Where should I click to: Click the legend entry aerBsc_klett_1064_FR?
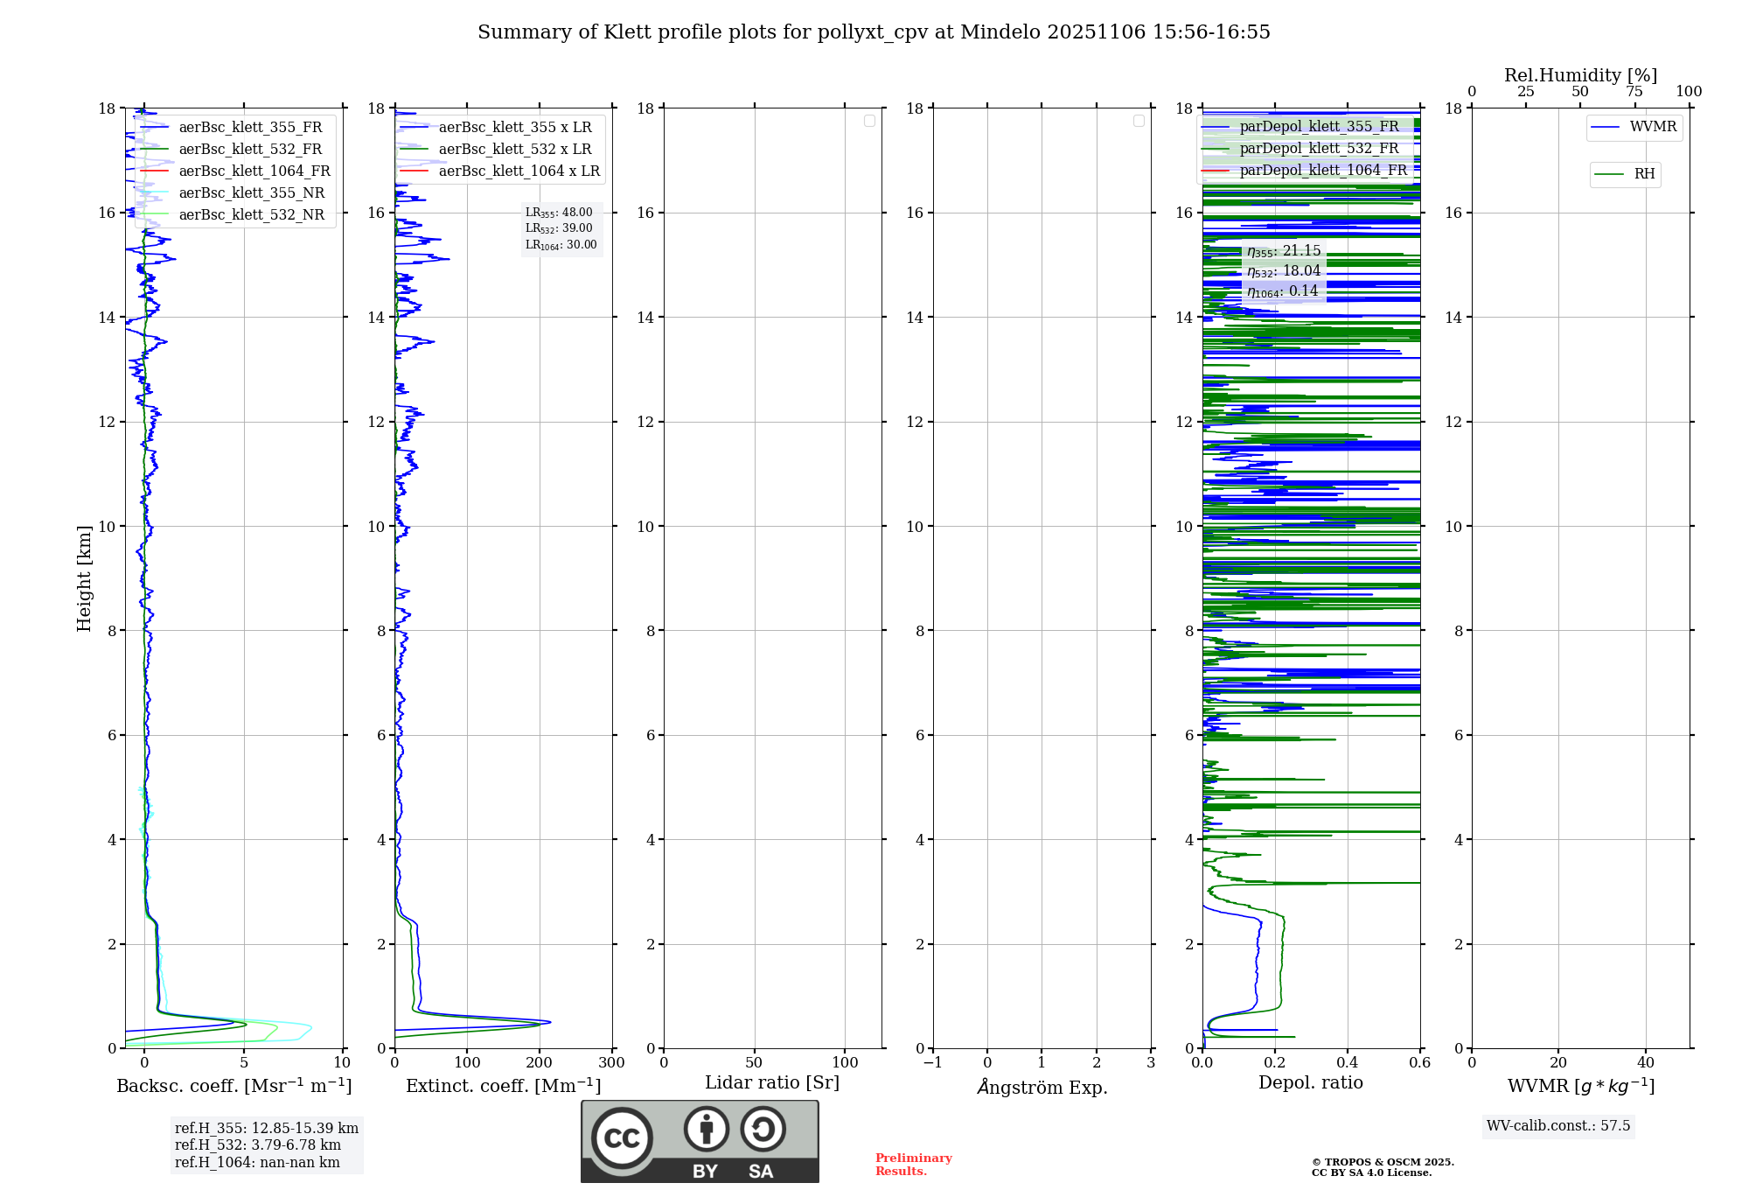tap(254, 171)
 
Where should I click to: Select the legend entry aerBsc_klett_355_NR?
tap(251, 193)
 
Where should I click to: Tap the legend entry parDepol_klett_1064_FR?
tap(1322, 171)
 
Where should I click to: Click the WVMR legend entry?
tap(1652, 127)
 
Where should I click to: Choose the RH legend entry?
tap(1643, 174)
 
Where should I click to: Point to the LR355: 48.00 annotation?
tap(559, 213)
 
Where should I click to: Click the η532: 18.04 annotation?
tap(1284, 271)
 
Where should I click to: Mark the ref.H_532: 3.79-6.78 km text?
tap(258, 1145)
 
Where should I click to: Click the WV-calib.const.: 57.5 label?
tap(1558, 1126)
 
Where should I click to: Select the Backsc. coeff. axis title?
tap(234, 1087)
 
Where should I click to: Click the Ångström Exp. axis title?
tap(1042, 1088)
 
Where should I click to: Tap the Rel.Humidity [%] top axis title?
tap(1580, 75)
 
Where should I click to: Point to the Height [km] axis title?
tap(84, 578)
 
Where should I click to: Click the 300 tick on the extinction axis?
tap(611, 1063)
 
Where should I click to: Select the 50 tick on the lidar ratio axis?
tap(754, 1063)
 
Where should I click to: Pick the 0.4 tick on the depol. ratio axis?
tap(1348, 1063)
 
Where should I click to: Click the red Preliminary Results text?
tap(913, 1165)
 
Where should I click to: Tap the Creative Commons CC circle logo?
tap(622, 1138)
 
